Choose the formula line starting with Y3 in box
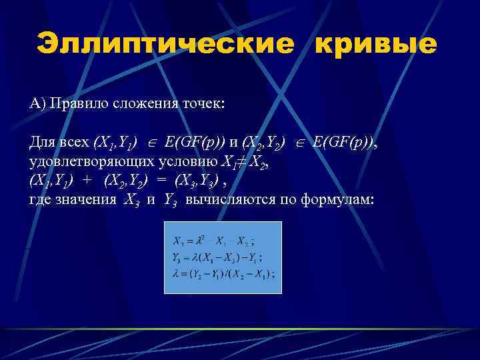(x=217, y=257)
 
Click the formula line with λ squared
(x=213, y=240)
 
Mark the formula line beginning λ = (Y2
(x=223, y=273)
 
